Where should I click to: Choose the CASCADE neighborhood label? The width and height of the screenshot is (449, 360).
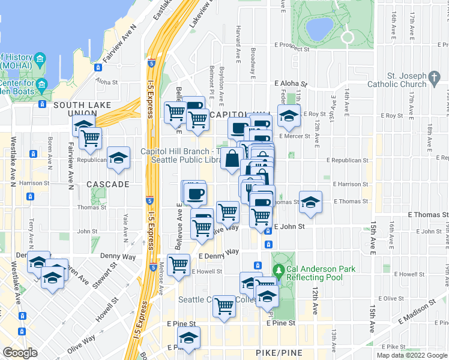tap(107, 184)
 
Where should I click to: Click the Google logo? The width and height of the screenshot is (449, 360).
tap(20, 353)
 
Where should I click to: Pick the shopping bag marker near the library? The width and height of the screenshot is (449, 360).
tap(231, 159)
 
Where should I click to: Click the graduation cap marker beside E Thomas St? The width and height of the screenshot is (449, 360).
tap(310, 202)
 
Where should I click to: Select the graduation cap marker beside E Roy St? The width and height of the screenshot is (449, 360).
tap(289, 116)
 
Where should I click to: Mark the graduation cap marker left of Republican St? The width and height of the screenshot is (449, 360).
tap(119, 157)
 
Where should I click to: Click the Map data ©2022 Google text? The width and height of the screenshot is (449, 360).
tap(412, 355)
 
